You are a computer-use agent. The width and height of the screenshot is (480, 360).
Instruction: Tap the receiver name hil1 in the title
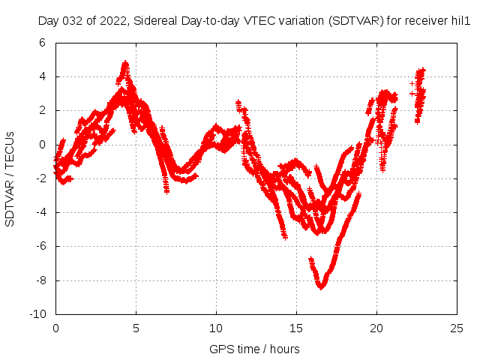tap(459, 22)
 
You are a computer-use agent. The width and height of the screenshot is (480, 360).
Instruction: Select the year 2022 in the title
tap(110, 22)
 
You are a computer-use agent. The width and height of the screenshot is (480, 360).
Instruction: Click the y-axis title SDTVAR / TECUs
tap(10, 178)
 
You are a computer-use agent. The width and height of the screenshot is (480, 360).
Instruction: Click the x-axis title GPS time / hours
tap(255, 349)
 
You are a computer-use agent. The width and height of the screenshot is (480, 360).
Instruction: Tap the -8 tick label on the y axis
tap(43, 280)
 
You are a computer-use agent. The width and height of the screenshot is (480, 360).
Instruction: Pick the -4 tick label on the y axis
tap(43, 212)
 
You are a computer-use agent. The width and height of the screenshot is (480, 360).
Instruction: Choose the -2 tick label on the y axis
tap(43, 178)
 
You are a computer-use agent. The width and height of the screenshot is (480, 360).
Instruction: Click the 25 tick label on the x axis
tap(457, 328)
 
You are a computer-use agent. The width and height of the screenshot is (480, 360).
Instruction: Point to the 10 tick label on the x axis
tap(216, 328)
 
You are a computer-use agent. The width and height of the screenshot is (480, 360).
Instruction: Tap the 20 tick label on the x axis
tap(376, 328)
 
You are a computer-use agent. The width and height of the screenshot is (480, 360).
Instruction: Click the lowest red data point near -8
tap(322, 286)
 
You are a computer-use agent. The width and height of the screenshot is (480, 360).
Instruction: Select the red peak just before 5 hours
tap(125, 63)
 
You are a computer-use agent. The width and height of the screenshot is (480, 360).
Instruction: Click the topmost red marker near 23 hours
tap(423, 70)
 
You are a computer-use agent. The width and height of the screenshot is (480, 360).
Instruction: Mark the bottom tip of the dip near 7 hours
tap(166, 192)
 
